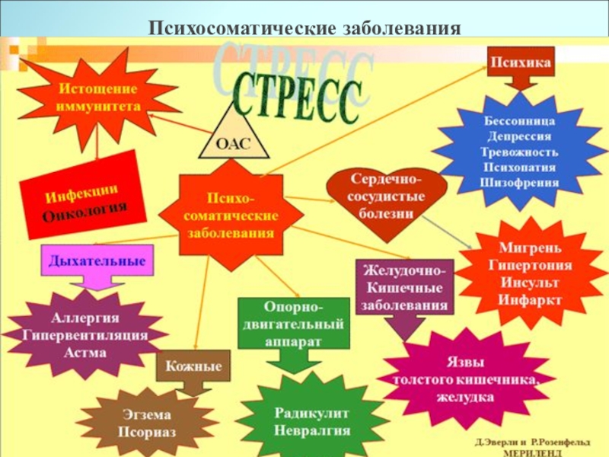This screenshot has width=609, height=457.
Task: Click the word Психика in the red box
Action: coord(520,60)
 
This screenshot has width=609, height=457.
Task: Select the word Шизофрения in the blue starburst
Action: coord(521,182)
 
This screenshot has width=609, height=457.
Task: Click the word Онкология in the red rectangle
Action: coord(84,207)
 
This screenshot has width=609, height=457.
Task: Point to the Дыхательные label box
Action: coord(97,260)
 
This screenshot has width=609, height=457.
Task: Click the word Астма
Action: coord(85,353)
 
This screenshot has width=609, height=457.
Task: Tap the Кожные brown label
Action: coord(193,366)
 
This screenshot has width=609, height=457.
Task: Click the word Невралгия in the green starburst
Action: coord(312,430)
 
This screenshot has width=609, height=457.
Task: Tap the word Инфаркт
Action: coord(531,299)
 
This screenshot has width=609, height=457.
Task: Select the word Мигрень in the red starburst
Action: coord(531,248)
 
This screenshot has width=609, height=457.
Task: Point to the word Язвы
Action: coord(463,362)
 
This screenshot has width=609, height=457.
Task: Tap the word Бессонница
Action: coord(520,121)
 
